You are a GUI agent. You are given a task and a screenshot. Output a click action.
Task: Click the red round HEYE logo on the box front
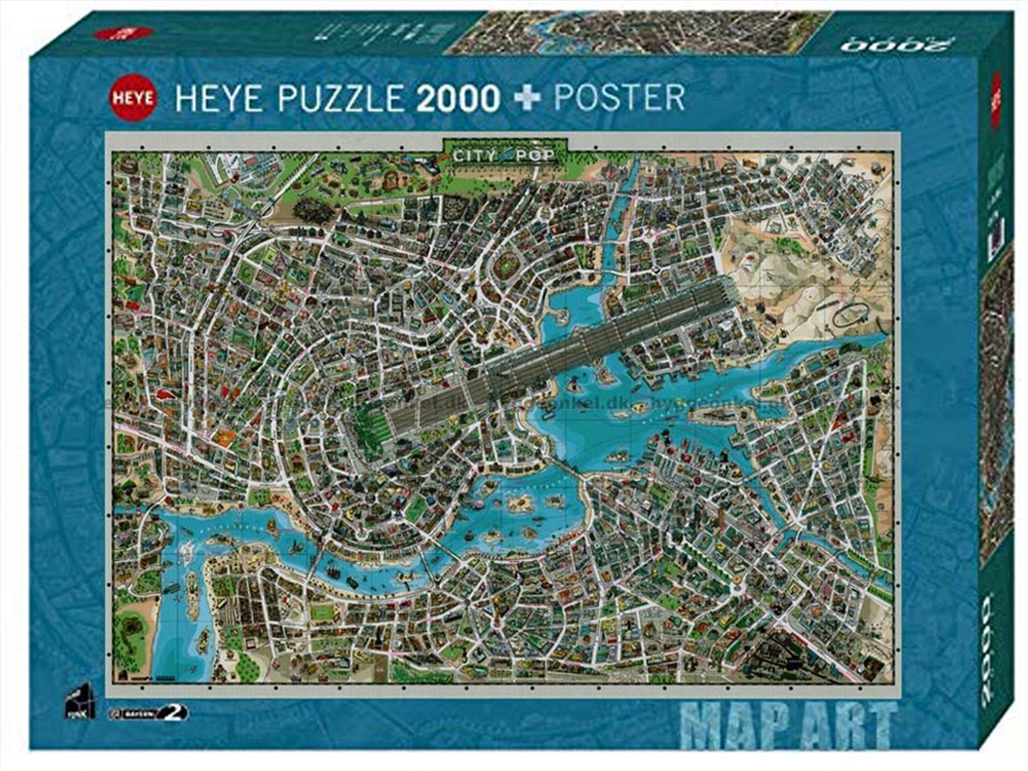[132, 96]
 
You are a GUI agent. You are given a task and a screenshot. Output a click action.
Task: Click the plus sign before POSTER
[524, 97]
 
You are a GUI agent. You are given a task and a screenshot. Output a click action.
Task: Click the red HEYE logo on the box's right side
[996, 100]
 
